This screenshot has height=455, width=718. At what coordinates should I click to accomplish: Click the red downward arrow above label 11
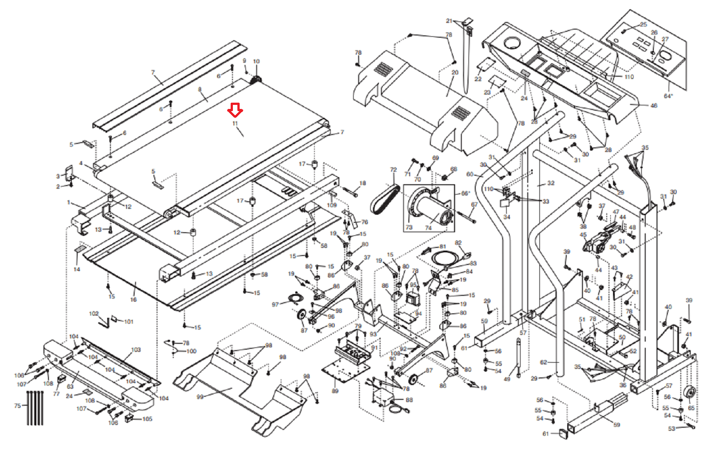(x=235, y=109)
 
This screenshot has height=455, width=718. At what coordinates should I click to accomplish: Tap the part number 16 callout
(x=133, y=299)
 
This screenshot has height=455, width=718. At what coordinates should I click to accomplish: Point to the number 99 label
(x=200, y=397)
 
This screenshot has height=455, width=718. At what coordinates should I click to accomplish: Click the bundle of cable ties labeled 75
(x=35, y=408)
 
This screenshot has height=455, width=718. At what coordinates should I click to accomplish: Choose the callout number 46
(x=653, y=106)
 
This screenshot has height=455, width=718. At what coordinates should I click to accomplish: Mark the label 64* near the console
(x=668, y=96)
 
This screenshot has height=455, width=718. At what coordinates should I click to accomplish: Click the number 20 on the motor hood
(x=455, y=72)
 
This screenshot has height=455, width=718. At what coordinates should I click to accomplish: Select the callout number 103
(x=136, y=350)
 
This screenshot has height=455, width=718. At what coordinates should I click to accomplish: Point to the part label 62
(x=543, y=362)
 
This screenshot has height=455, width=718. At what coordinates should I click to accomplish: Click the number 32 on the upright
(x=551, y=183)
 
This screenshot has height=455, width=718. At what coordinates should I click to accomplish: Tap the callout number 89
(x=335, y=391)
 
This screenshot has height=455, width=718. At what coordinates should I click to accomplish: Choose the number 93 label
(x=373, y=334)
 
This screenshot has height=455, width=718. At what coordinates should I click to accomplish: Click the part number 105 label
(x=147, y=419)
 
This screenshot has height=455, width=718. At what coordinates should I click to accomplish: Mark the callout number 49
(x=507, y=379)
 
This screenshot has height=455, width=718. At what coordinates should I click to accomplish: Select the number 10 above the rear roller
(x=256, y=61)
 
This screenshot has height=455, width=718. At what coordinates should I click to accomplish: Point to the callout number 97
(x=275, y=304)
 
